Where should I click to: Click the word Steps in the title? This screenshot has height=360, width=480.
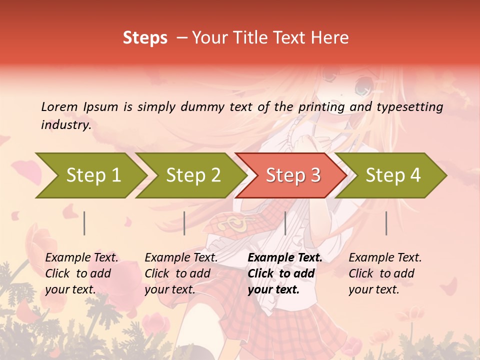click(x=145, y=38)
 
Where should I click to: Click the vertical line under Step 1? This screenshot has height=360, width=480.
click(x=84, y=223)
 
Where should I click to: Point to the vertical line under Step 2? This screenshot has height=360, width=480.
click(x=184, y=223)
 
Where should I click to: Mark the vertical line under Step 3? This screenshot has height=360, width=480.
click(x=285, y=223)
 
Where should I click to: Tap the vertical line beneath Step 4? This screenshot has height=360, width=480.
click(x=386, y=223)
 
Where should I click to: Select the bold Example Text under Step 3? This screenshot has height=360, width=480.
click(x=284, y=273)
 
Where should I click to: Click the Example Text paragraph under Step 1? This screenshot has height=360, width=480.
click(x=81, y=273)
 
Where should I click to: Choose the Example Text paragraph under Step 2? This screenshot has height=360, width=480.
click(x=181, y=273)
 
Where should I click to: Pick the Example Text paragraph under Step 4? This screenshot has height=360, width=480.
click(x=385, y=273)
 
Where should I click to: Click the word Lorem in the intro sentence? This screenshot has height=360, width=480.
click(x=59, y=106)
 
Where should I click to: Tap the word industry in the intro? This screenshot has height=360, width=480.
click(x=66, y=125)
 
